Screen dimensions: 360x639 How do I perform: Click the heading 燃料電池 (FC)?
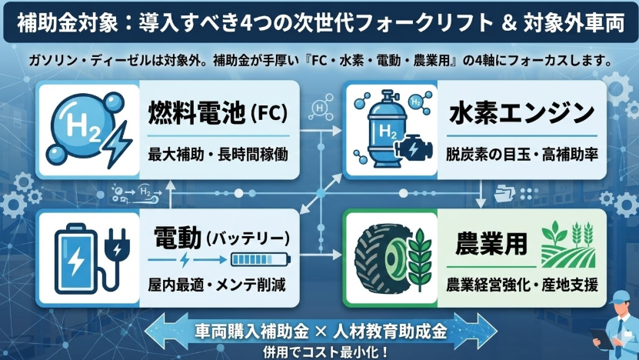pyautogui.click(x=218, y=116)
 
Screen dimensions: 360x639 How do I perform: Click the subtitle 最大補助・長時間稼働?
pyautogui.click(x=218, y=155)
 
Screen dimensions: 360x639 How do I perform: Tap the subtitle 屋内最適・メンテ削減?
pyautogui.click(x=216, y=285)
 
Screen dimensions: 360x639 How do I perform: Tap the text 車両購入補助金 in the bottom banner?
pyautogui.click(x=243, y=332)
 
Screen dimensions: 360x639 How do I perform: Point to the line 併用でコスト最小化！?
pyautogui.click(x=319, y=352)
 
